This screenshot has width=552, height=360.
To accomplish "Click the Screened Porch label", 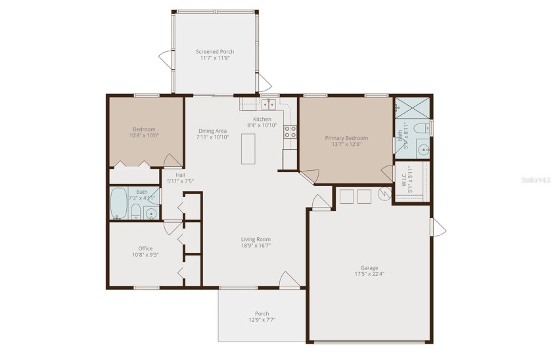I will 215,51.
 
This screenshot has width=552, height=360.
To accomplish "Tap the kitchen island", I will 248,148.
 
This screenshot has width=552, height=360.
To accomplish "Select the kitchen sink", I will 268,104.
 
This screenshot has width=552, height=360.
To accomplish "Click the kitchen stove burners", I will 290,131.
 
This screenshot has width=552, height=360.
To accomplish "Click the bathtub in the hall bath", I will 118,204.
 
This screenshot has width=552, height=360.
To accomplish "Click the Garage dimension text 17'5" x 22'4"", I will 369,275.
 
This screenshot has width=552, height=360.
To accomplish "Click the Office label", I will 145,248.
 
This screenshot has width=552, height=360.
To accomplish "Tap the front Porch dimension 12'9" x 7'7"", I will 262,321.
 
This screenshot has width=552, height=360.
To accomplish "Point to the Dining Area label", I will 213,131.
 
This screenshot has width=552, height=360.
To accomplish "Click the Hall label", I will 180,175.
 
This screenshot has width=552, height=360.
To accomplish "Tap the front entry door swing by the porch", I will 290,280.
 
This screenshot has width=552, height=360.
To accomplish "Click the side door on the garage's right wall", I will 438,227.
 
